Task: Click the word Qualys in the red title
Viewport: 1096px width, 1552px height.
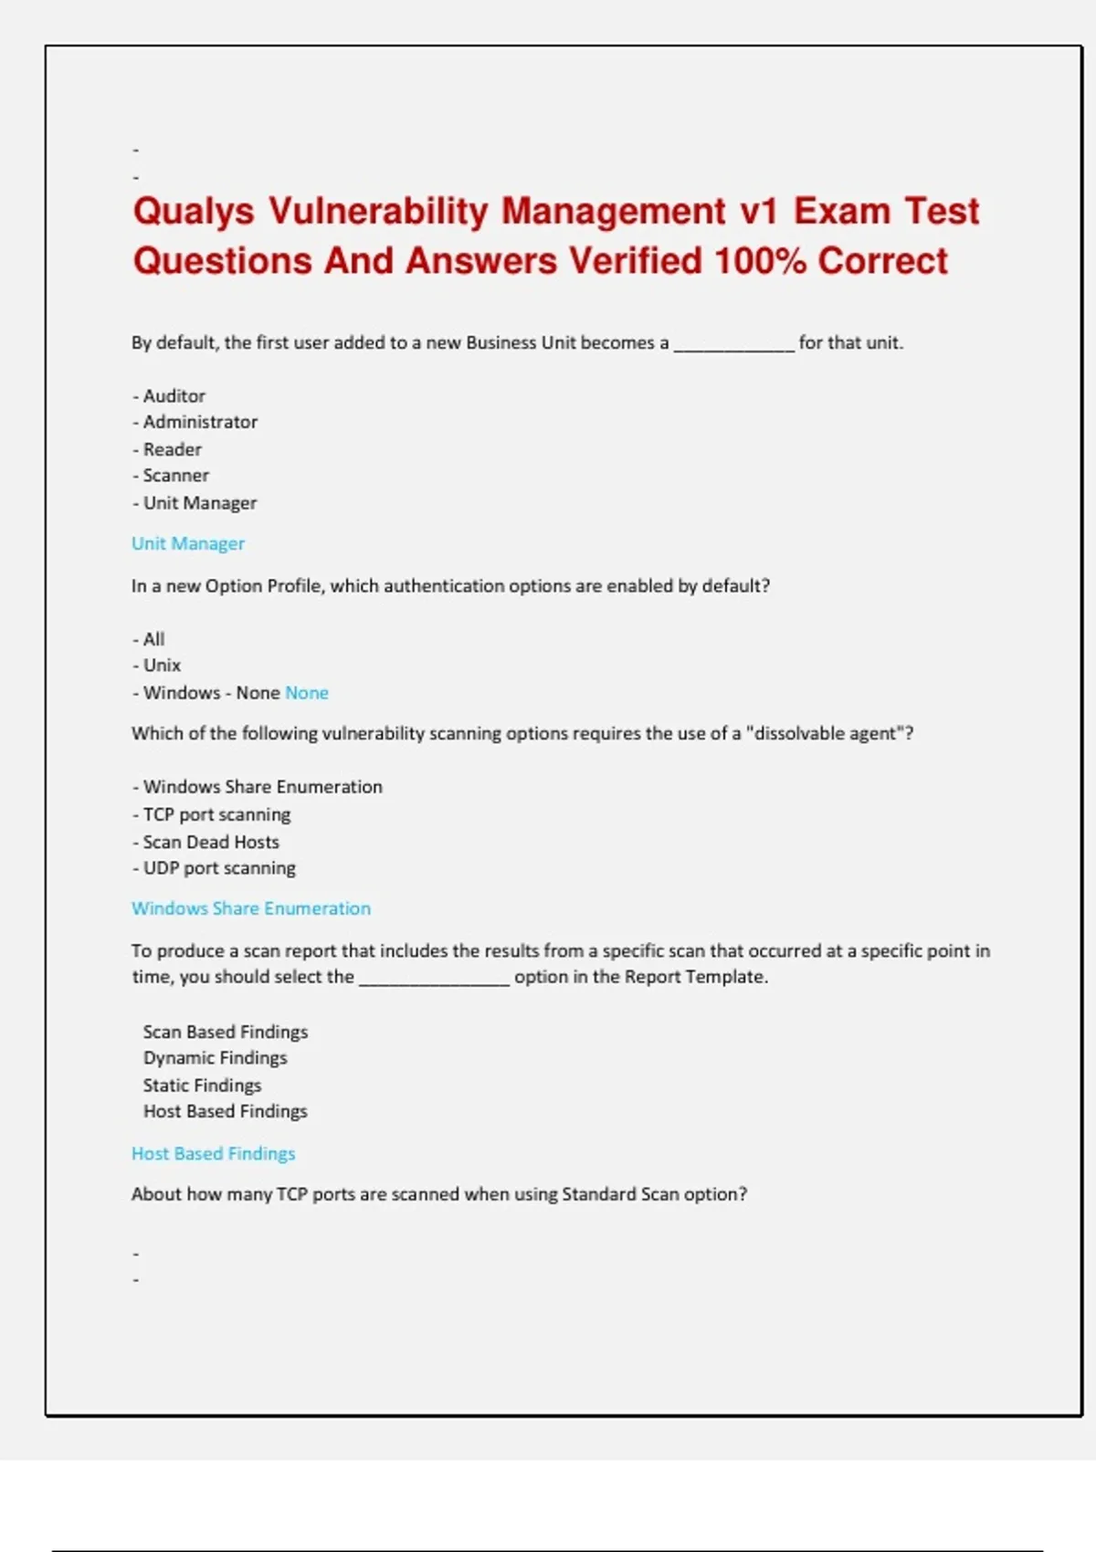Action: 194,212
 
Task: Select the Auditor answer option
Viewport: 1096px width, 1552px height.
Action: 174,396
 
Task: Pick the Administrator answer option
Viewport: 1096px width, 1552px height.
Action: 200,422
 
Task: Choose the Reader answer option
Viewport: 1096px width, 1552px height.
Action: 172,449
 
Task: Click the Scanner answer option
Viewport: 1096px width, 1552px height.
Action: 175,476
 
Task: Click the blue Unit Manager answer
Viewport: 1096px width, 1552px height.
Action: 188,543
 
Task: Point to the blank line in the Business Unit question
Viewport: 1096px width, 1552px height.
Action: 734,345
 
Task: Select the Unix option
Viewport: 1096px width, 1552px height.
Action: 162,666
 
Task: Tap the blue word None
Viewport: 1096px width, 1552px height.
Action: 307,693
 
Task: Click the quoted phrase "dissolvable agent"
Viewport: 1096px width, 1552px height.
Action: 829,733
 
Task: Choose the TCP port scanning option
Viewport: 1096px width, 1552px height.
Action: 216,814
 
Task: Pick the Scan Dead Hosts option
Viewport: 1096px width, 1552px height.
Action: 211,842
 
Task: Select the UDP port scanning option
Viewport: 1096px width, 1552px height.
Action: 219,868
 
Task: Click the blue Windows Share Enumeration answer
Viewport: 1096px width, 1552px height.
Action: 251,908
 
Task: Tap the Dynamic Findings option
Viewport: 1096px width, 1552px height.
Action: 215,1058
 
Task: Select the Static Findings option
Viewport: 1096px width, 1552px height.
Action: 202,1085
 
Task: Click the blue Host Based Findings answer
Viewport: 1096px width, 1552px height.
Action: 214,1153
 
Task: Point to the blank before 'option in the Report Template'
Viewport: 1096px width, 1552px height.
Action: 434,979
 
